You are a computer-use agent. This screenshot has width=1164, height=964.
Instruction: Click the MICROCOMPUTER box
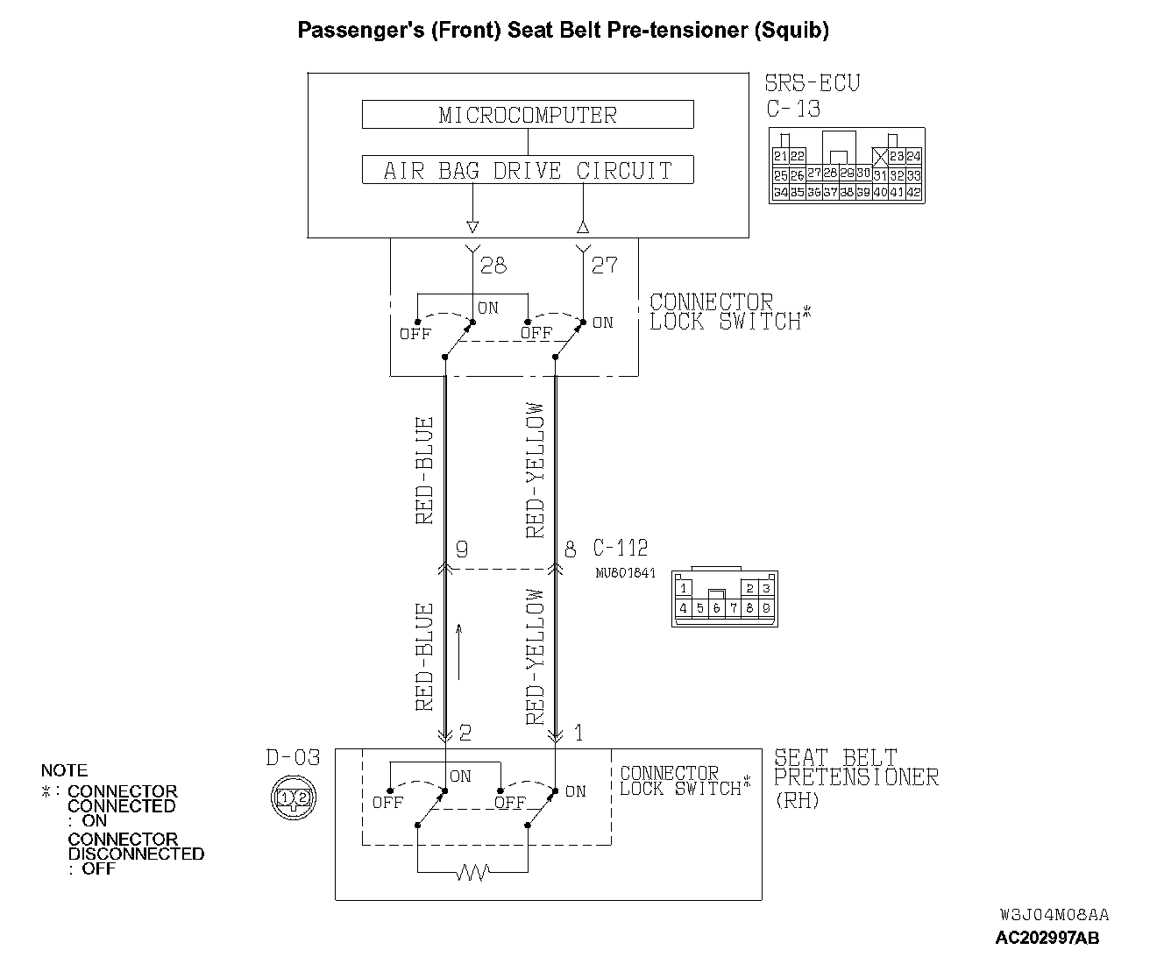[528, 115]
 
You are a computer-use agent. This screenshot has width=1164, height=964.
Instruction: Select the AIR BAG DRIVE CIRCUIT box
[528, 170]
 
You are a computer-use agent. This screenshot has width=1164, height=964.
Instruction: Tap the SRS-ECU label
[813, 84]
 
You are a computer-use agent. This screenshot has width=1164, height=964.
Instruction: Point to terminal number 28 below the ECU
[493, 265]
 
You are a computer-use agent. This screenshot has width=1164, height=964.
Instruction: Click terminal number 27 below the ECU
[604, 265]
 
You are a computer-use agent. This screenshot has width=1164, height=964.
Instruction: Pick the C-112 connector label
[621, 549]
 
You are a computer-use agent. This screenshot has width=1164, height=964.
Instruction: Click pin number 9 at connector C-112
[461, 549]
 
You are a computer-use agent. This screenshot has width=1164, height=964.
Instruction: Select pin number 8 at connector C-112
[570, 549]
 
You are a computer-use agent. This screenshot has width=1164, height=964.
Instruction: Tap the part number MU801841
[625, 574]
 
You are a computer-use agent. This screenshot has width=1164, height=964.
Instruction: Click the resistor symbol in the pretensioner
[473, 872]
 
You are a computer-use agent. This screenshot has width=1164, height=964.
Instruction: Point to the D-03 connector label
[293, 758]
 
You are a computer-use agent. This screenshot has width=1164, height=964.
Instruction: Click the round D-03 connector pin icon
[293, 797]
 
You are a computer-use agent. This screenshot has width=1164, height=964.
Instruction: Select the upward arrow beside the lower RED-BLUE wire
[458, 651]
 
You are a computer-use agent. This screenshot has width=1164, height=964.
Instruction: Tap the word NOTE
[64, 771]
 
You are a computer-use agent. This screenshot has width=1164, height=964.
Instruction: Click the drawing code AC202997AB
[1047, 938]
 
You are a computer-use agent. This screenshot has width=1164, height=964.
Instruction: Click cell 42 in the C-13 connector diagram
[914, 192]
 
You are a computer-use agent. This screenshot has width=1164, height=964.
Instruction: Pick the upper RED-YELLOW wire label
[535, 470]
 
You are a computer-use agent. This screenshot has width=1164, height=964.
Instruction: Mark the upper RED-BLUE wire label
[425, 471]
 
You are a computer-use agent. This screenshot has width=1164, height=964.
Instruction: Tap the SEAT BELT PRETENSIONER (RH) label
[855, 777]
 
